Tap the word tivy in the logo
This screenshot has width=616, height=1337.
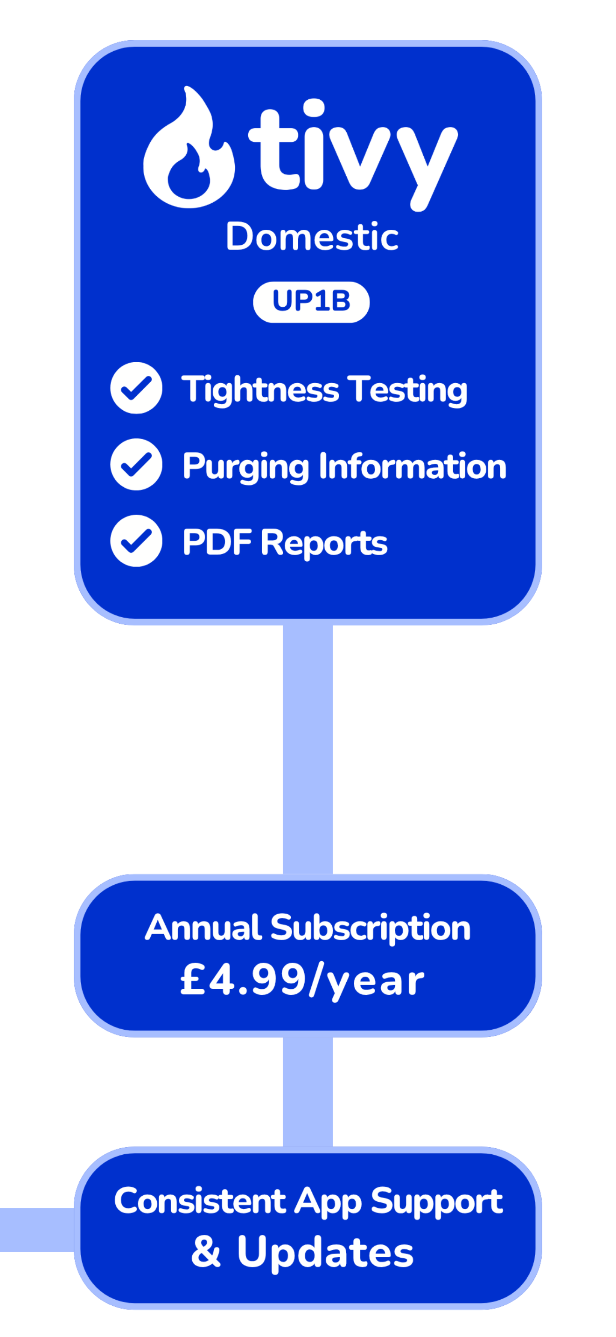tap(353, 155)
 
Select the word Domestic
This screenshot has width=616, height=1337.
tap(312, 237)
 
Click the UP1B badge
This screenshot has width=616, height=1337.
tap(311, 302)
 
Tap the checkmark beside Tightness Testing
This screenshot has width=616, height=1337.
tap(136, 388)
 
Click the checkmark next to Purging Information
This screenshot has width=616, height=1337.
tap(136, 464)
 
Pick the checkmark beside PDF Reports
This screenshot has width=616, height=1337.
tap(136, 540)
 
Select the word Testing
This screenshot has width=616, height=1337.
tap(408, 390)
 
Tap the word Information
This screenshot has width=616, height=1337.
tap(413, 466)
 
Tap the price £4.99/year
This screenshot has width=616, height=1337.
tap(302, 980)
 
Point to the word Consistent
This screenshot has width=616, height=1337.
tap(200, 1200)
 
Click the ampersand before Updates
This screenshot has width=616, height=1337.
tap(206, 1251)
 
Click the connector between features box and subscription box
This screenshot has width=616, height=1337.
tap(308, 750)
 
